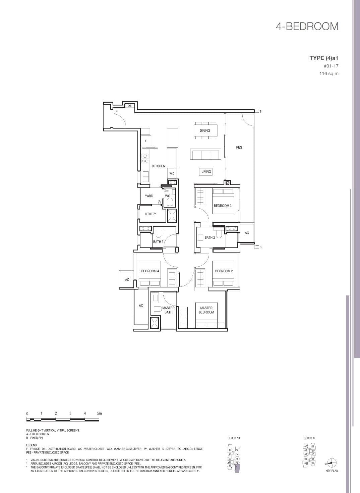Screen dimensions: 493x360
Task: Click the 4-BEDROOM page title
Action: click(307, 26)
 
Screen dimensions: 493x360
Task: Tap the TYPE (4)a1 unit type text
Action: click(324, 58)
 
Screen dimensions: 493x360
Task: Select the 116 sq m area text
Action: click(329, 73)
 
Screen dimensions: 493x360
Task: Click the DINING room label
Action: click(205, 130)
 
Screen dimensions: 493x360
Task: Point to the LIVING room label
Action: click(206, 172)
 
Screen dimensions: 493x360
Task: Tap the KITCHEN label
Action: click(159, 166)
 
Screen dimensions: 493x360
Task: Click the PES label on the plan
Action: click(239, 147)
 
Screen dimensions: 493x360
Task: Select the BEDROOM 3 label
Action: click(223, 206)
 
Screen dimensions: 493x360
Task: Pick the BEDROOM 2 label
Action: click(224, 271)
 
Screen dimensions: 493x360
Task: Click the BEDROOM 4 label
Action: click(150, 271)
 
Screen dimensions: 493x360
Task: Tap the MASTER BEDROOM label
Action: click(206, 310)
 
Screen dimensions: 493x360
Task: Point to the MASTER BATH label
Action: click(168, 310)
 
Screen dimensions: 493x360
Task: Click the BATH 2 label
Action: click(210, 237)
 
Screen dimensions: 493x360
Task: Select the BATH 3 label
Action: click(158, 241)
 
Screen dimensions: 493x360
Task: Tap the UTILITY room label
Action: click(150, 214)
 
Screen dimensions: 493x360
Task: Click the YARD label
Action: click(149, 196)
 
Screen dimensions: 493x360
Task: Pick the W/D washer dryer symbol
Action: click(172, 173)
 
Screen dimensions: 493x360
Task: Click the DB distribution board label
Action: click(129, 106)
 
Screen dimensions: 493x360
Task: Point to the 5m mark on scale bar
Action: click(99, 414)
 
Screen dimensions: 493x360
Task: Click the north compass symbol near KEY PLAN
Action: click(332, 463)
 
